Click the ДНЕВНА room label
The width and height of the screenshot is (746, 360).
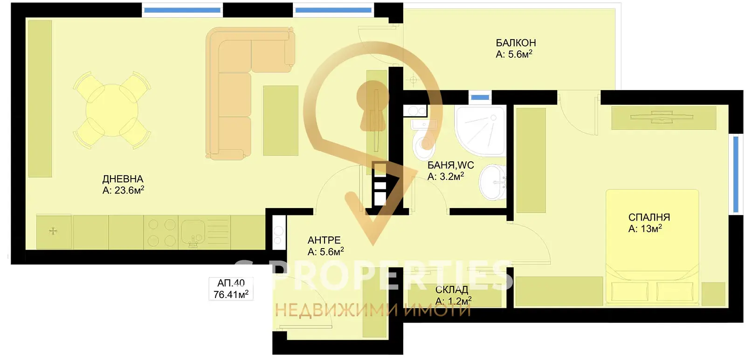(123, 179)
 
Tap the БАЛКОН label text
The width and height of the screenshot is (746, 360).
(516, 43)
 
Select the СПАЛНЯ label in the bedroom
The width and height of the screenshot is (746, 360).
(649, 217)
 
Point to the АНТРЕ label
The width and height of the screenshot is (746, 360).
(324, 240)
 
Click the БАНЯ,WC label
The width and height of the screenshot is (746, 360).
(450, 165)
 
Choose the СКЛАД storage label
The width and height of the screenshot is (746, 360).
(452, 290)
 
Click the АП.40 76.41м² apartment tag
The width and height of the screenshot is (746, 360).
(231, 289)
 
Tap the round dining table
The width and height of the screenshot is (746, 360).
(112, 110)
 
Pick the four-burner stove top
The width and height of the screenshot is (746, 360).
(161, 232)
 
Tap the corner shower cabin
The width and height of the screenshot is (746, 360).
(480, 131)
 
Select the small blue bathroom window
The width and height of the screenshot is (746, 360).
(480, 97)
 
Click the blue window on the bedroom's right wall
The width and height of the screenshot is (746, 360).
(736, 174)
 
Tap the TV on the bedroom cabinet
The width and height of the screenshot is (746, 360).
(662, 117)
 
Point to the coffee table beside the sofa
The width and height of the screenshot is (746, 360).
(281, 121)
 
